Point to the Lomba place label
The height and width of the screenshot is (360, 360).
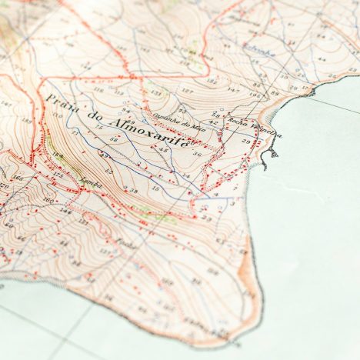pyautogui.click(x=90, y=182)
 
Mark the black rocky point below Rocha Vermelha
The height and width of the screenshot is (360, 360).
pyautogui.click(x=268, y=157)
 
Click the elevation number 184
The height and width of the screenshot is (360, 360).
pyautogui.click(x=58, y=155)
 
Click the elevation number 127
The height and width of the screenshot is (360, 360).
pyautogui.click(x=186, y=91)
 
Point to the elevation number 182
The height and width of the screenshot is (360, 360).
pyautogui.click(x=212, y=82)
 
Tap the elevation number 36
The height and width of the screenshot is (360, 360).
pyautogui.click(x=197, y=155)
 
